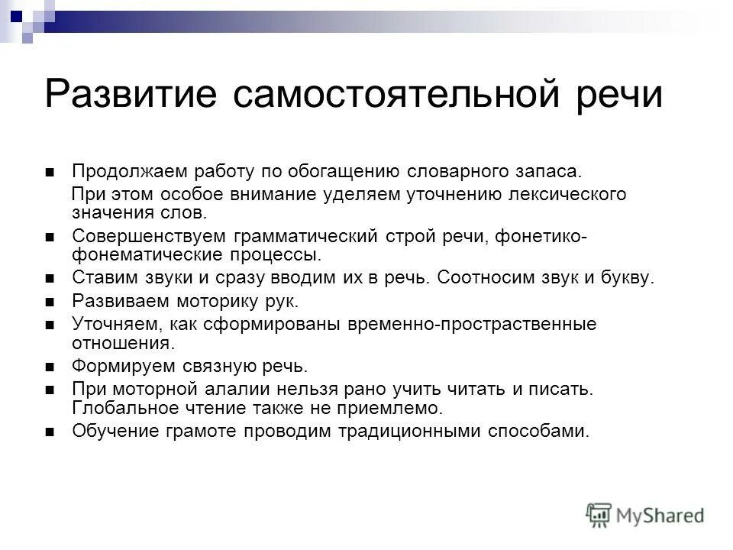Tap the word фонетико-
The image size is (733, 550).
click(541, 238)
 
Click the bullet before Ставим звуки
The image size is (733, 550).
click(50, 279)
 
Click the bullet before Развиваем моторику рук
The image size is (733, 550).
click(50, 302)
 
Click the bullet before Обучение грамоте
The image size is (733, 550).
click(50, 432)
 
